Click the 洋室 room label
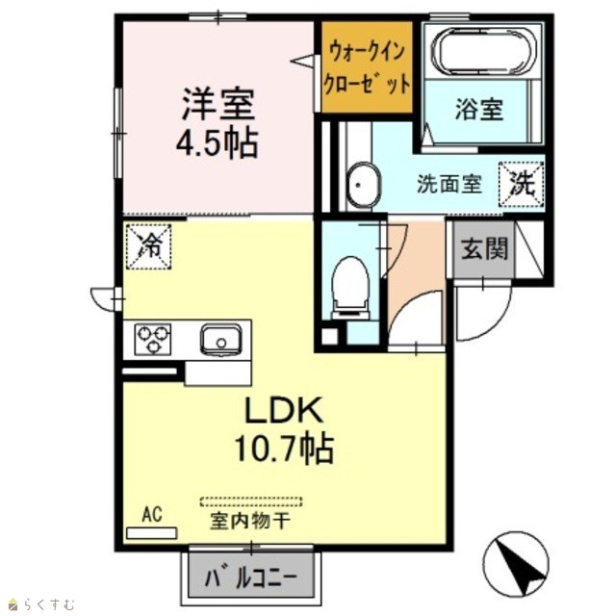click(x=218, y=104)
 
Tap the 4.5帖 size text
click(x=218, y=142)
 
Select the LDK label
click(x=284, y=410)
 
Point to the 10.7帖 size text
click(x=284, y=449)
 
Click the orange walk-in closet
click(x=367, y=66)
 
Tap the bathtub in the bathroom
click(x=483, y=51)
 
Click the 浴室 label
click(x=479, y=109)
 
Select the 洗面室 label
click(x=449, y=184)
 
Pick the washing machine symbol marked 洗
click(x=522, y=184)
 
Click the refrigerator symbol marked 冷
click(x=149, y=246)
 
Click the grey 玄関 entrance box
click(x=483, y=249)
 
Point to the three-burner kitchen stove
click(x=153, y=340)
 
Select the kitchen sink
click(x=220, y=340)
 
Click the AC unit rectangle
click(x=152, y=533)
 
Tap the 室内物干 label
click(x=250, y=521)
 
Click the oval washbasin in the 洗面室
click(x=363, y=184)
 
